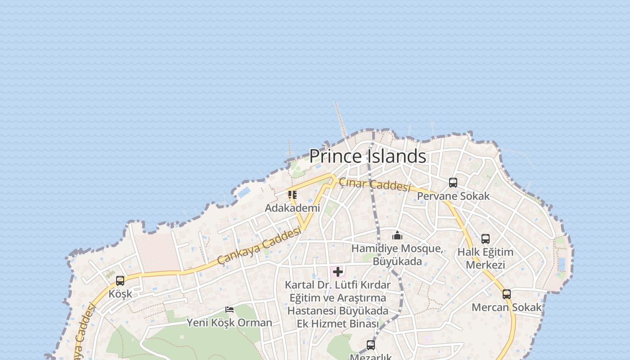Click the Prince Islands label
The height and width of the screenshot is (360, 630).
pyautogui.click(x=367, y=156)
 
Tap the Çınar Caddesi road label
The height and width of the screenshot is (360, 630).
pyautogui.click(x=374, y=184)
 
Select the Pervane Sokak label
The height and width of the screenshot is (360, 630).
pyautogui.click(x=453, y=196)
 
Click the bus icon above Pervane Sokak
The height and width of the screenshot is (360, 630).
pyautogui.click(x=453, y=183)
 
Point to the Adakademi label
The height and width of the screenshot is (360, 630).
pyautogui.click(x=292, y=208)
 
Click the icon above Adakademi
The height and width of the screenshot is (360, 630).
pyautogui.click(x=292, y=195)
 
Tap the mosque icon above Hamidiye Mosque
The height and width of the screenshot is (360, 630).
pyautogui.click(x=397, y=235)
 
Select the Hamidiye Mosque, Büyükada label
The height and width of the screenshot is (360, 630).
pyautogui.click(x=397, y=255)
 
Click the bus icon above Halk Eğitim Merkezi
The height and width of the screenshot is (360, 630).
pyautogui.click(x=486, y=239)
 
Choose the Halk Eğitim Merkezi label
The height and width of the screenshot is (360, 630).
pyautogui.click(x=486, y=258)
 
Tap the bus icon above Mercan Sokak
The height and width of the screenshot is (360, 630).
pyautogui.click(x=507, y=294)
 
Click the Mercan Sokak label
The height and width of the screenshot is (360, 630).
pyautogui.click(x=507, y=307)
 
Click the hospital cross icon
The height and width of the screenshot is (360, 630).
pyautogui.click(x=338, y=272)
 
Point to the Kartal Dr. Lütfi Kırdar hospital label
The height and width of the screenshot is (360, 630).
pyautogui.click(x=338, y=304)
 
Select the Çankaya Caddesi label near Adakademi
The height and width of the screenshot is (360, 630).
pyautogui.click(x=259, y=246)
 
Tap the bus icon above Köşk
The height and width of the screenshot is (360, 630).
pyautogui.click(x=120, y=281)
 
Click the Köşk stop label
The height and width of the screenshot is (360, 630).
pyautogui.click(x=120, y=294)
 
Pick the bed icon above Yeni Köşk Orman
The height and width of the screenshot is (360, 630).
pyautogui.click(x=229, y=310)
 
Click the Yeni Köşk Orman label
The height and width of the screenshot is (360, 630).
pyautogui.click(x=229, y=323)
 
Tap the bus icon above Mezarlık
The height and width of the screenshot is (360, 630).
pyautogui.click(x=371, y=345)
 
